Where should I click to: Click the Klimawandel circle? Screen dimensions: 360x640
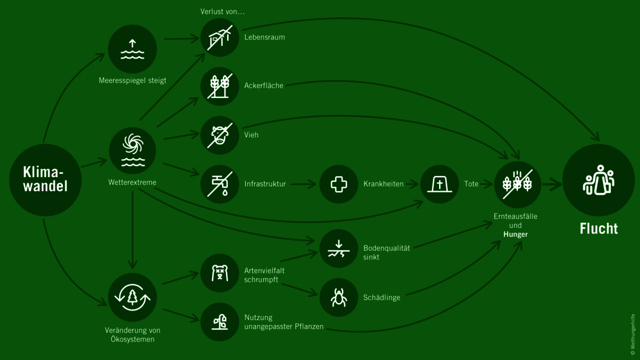[45, 179]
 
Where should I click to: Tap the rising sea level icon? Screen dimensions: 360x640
[132, 49]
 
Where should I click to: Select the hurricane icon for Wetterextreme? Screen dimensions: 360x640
[133, 150]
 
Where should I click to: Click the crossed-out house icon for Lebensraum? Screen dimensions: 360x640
[220, 38]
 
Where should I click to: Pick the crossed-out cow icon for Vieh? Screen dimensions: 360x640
[220, 135]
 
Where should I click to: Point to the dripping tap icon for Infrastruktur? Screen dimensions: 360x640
[220, 184]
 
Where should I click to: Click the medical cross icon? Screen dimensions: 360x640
[339, 184]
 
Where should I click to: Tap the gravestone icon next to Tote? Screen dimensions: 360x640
[440, 184]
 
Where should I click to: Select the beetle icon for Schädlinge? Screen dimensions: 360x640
[339, 297]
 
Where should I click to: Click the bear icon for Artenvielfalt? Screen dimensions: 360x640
[220, 273]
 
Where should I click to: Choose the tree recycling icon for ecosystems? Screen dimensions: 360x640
[132, 298]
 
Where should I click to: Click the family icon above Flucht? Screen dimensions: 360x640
[598, 180]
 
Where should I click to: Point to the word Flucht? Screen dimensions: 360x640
[598, 228]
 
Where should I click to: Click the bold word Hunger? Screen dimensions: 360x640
[515, 234]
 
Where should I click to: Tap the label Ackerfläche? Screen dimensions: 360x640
[264, 85]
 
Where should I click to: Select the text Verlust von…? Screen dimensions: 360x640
[223, 11]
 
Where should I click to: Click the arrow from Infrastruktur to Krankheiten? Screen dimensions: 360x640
[304, 184]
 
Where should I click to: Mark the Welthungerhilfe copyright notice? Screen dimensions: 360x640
[633, 334]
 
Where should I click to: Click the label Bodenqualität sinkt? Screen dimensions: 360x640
[386, 252]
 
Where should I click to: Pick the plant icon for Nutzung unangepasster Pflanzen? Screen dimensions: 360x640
[220, 322]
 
